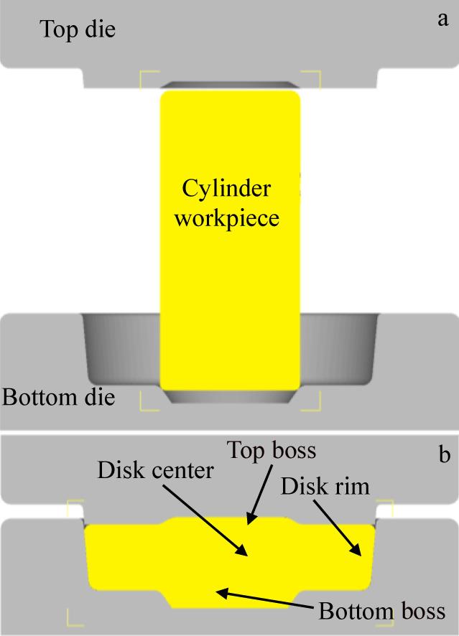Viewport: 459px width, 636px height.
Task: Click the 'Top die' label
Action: point(77,29)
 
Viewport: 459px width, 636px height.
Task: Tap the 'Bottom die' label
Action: point(59,396)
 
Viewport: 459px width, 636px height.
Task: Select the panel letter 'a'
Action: point(442,19)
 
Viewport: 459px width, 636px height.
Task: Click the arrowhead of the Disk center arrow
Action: point(246,555)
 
